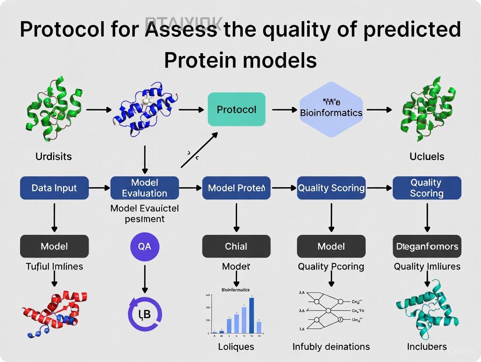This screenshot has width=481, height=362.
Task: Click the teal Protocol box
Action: click(237, 109)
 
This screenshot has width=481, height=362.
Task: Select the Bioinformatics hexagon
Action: click(331, 109)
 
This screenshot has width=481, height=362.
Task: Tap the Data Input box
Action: click(54, 188)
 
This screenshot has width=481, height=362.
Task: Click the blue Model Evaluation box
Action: click(145, 188)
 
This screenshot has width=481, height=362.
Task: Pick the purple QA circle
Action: click(145, 246)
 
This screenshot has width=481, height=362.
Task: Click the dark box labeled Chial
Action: click(236, 246)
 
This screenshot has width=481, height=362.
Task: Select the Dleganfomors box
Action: click(427, 246)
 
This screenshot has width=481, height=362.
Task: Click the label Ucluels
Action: click(427, 156)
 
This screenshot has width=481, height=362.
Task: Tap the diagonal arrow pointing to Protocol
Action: click(199, 150)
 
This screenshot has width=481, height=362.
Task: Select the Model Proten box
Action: click(236, 188)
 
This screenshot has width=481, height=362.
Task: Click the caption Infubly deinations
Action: click(331, 347)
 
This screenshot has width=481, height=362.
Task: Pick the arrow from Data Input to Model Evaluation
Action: click(100, 188)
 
